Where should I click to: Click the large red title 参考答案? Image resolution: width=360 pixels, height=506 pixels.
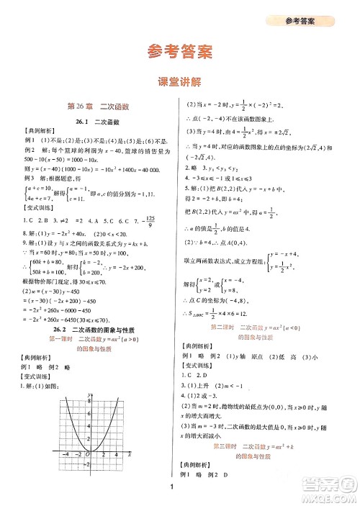click(x=179, y=51)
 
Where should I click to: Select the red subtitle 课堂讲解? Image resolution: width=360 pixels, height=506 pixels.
click(x=179, y=83)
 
